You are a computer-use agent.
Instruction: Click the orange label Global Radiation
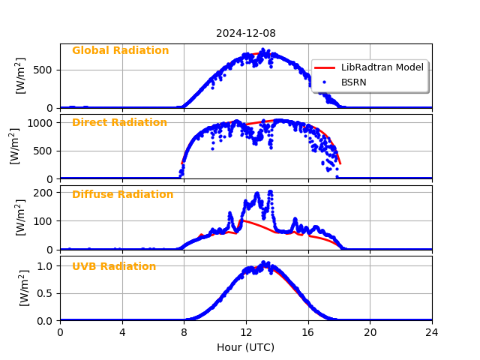(x=120, y=51)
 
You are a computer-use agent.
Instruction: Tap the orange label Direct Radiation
(x=119, y=123)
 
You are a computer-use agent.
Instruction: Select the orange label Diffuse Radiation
(x=122, y=195)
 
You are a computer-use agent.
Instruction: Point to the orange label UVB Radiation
(x=114, y=267)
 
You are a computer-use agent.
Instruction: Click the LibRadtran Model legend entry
(x=382, y=67)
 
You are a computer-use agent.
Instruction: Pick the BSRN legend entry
(x=353, y=82)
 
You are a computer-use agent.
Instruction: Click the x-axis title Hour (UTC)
(x=245, y=347)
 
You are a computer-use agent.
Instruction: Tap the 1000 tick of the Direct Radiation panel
(x=42, y=122)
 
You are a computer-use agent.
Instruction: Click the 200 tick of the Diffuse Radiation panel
(x=45, y=193)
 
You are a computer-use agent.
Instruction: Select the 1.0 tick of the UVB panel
(x=46, y=266)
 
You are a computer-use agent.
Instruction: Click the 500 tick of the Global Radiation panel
(x=45, y=70)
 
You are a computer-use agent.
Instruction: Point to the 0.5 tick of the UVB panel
(x=46, y=293)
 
